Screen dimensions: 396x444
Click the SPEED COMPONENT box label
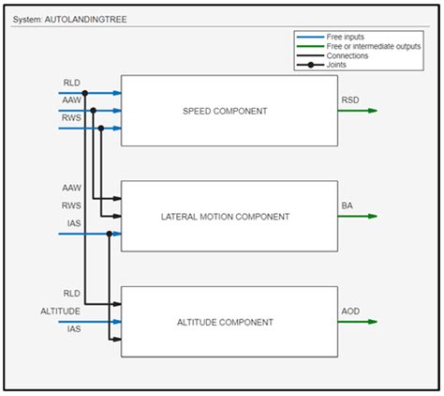[x=225, y=111]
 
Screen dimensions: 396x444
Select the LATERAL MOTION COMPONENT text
[x=225, y=217]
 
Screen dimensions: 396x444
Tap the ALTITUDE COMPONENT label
[x=225, y=322]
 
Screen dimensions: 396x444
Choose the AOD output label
[x=348, y=310]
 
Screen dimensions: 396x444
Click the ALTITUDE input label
[x=61, y=311]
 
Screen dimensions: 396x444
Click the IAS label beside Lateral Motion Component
[x=73, y=222]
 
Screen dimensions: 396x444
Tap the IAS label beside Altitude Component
[x=73, y=328]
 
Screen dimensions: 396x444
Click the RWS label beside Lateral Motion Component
[x=71, y=205]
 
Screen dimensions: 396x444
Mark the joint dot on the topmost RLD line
[x=84, y=93]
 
